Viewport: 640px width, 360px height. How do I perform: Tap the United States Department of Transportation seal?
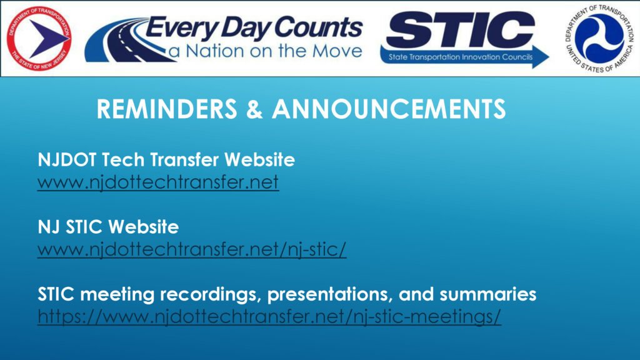pos(599,37)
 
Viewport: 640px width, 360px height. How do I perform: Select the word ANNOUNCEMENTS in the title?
pos(389,109)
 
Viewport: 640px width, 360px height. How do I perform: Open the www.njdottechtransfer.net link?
pos(158,183)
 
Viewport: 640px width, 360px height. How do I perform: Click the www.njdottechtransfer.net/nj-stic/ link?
pos(192,250)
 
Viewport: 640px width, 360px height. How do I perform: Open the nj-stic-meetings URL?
pos(269,317)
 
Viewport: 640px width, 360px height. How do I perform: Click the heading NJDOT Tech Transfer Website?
pos(166,160)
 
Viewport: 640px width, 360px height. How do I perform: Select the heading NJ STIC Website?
pos(108,227)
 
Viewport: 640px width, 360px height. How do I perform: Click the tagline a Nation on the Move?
pos(265,51)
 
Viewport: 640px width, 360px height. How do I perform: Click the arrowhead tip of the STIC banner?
pos(546,57)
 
